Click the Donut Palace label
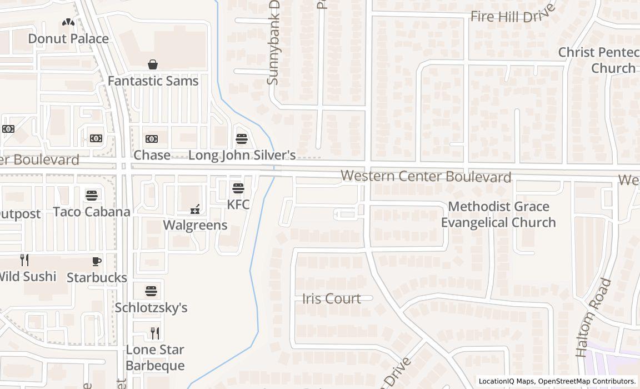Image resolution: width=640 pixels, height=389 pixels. pos(68,38)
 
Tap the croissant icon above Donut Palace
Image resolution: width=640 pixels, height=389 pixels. pos(68,23)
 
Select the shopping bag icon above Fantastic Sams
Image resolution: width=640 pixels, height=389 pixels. pos(153,65)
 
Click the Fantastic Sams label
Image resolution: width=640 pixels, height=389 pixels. pos(153,81)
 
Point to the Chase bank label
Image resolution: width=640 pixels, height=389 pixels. pos(152,155)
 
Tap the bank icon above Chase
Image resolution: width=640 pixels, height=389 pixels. pos(152,139)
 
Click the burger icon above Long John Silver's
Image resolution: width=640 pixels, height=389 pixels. pos(241,139)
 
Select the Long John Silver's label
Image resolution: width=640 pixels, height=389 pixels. pos(242,155)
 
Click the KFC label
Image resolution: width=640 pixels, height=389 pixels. pos(238,204)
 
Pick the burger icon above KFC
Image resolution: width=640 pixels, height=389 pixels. pos(238,188)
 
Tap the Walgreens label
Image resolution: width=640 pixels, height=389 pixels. pos(195,225)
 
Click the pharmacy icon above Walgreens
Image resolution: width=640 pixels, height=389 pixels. pos(195,210)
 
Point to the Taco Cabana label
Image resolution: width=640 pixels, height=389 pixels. pos(92,212)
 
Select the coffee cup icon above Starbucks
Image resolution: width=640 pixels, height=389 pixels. pos(97,261)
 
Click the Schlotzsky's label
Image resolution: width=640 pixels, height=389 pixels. pos(151,307)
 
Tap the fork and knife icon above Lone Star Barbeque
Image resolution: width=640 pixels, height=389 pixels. pos(155,333)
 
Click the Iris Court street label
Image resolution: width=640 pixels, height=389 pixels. pos(332,298)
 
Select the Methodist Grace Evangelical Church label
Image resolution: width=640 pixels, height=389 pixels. pos(498,215)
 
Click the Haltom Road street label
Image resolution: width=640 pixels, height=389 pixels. pos(593,318)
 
